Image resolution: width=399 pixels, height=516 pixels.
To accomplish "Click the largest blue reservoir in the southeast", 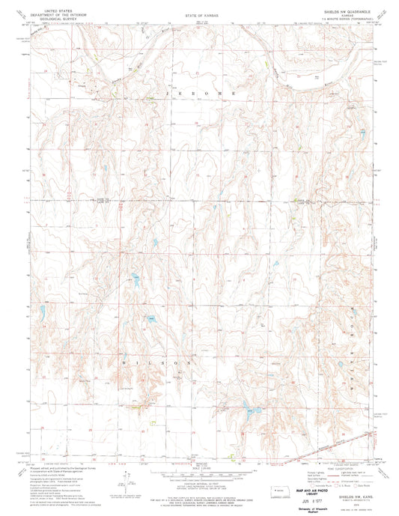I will coord(246,410).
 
